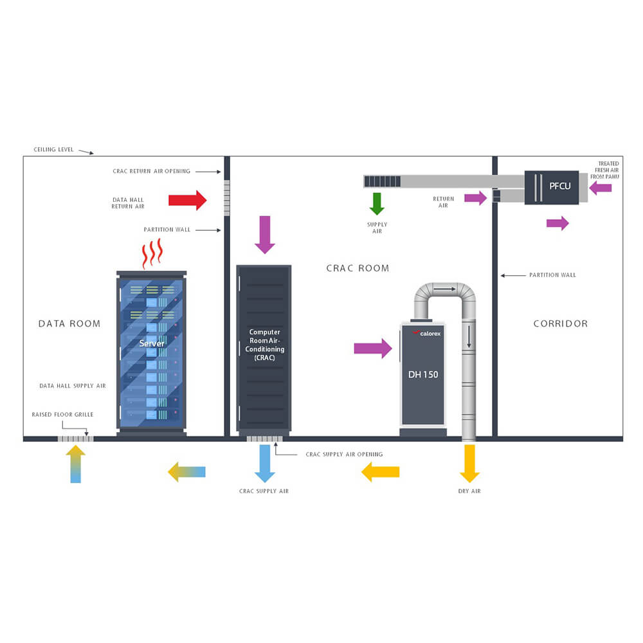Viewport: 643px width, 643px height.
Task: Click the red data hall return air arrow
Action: [x=187, y=200]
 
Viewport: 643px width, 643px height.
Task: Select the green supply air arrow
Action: [x=377, y=203]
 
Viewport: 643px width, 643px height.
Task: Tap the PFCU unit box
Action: [x=551, y=187]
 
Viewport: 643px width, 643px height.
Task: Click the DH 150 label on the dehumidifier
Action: [x=422, y=374]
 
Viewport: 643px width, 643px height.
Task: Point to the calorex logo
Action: [x=427, y=333]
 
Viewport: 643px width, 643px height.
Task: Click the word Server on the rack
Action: [x=152, y=343]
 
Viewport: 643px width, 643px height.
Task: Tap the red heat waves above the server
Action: [x=152, y=253]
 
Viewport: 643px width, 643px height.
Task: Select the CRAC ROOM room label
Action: [x=358, y=268]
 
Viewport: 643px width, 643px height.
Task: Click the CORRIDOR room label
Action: [x=560, y=323]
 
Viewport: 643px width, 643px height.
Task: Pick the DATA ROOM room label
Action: [x=69, y=323]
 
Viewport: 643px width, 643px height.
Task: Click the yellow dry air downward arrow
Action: [x=469, y=463]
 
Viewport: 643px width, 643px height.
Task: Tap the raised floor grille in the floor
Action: [x=75, y=439]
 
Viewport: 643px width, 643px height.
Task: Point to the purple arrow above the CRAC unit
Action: [x=265, y=235]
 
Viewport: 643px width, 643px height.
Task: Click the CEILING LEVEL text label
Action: [x=53, y=150]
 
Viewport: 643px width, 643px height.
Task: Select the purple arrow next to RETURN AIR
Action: [x=476, y=198]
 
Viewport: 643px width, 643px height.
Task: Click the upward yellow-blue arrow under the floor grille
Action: [x=75, y=464]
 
